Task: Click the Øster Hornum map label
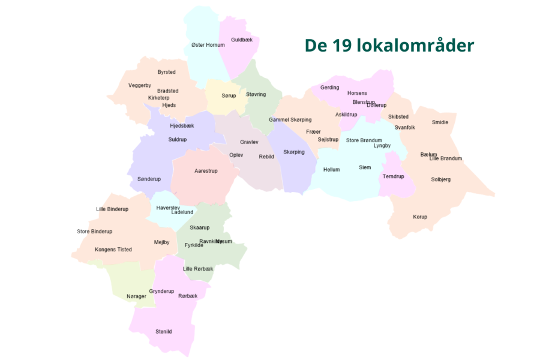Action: [208, 45]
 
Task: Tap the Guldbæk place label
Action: [242, 40]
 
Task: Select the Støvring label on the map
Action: [256, 94]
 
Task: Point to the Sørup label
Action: [229, 96]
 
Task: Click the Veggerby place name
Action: [140, 85]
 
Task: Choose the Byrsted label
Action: [167, 72]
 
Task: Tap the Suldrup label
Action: [178, 139]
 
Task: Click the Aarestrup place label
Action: [206, 171]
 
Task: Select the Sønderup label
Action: [149, 179]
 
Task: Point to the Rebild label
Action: [266, 157]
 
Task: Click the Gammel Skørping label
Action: [290, 119]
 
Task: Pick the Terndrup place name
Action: [394, 176]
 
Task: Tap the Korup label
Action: [420, 217]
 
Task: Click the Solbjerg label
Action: [441, 179]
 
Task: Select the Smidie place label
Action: [440, 122]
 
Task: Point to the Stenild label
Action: [164, 331]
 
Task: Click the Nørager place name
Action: [136, 296]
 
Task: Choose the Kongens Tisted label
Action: [113, 249]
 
